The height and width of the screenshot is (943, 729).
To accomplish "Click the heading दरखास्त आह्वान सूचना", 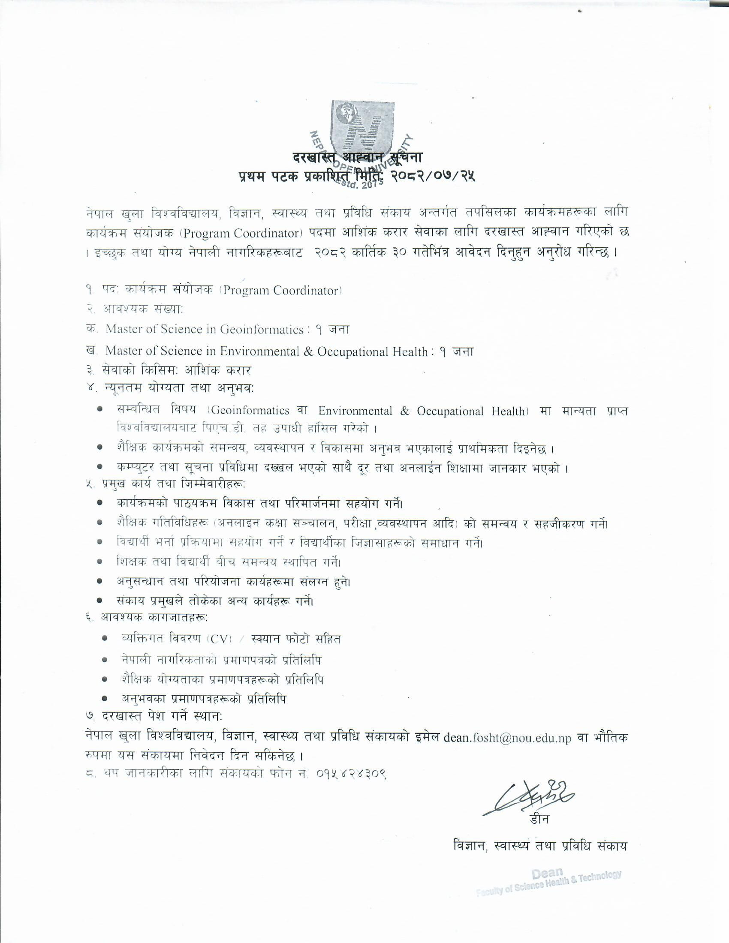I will (x=358, y=158).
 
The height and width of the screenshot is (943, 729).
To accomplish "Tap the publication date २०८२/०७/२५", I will (x=432, y=176).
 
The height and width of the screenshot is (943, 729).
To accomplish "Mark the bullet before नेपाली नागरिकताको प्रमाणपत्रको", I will (x=105, y=660).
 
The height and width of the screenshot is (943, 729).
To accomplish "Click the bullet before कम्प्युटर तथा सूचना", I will (x=100, y=467).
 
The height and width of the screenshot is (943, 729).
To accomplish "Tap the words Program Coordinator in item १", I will (x=281, y=291).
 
